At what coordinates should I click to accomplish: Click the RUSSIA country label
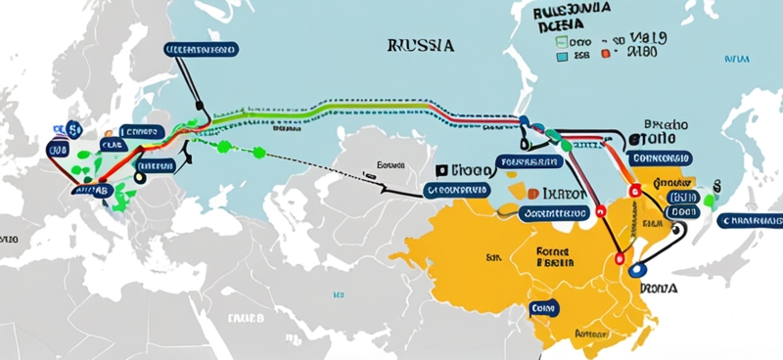420,45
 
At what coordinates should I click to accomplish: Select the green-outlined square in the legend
561,43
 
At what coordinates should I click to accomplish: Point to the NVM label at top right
734,59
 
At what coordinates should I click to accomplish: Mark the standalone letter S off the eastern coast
717,184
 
